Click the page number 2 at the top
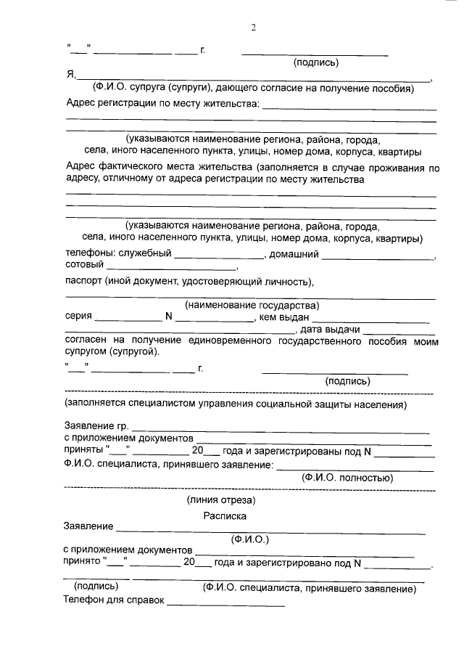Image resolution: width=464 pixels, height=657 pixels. click(x=254, y=28)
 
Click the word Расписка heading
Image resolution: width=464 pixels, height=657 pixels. click(x=225, y=516)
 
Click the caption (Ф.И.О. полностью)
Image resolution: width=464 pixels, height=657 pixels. click(x=347, y=478)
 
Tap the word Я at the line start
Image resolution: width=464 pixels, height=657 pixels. click(x=70, y=74)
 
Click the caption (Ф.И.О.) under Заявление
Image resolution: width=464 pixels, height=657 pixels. click(x=249, y=539)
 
